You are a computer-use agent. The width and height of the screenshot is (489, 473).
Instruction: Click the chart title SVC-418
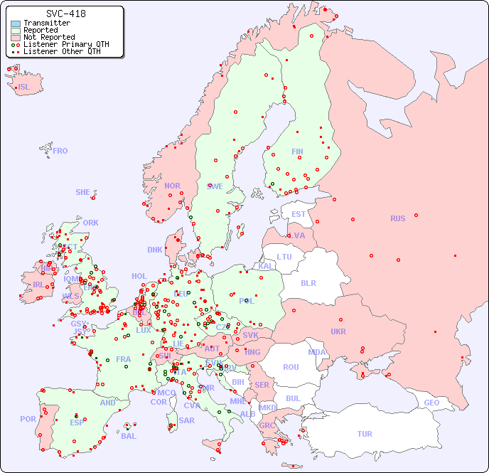[66, 14]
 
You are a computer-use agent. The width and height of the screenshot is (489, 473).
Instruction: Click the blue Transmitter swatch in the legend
[16, 23]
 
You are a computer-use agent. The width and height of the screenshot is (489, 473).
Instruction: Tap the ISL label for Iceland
[24, 87]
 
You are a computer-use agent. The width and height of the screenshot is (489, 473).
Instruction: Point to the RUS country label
[398, 218]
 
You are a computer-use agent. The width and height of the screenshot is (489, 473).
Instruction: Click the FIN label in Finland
[297, 152]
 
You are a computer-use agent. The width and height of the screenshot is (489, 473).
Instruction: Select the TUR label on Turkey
[365, 434]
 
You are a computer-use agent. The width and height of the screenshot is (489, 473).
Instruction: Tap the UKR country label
[338, 331]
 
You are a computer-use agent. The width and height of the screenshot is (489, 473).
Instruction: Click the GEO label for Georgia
[431, 403]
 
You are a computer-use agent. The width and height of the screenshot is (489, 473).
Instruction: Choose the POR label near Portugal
[28, 419]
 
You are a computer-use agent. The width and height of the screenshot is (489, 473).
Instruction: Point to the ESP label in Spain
[77, 422]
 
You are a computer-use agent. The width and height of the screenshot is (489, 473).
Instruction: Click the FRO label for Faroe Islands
[60, 151]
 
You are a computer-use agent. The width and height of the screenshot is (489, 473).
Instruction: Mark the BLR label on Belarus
[308, 282]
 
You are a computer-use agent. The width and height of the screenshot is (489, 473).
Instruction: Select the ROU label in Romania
[291, 367]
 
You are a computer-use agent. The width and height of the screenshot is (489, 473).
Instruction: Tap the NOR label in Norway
[172, 186]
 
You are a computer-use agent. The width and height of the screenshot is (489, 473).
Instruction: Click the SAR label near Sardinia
[187, 420]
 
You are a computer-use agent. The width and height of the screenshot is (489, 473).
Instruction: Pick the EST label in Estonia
[299, 214]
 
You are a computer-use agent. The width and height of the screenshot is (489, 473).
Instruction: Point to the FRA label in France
[124, 359]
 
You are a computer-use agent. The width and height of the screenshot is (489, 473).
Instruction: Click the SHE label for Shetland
[83, 192]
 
